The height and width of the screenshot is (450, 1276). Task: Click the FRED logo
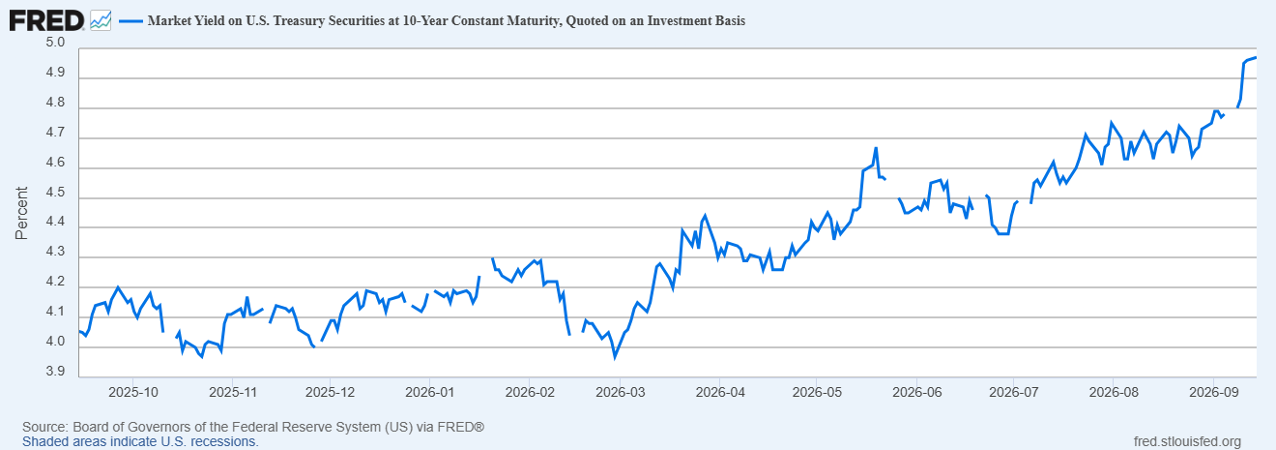(x=46, y=21)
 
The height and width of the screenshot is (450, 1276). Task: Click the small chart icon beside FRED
(x=101, y=21)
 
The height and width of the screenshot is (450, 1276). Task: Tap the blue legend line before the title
(x=130, y=21)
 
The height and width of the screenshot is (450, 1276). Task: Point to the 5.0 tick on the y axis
(x=55, y=43)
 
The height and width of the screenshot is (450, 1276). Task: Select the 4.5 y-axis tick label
(x=55, y=193)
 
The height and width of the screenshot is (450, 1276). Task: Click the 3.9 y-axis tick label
(x=55, y=372)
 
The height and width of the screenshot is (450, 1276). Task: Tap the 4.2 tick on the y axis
(x=55, y=282)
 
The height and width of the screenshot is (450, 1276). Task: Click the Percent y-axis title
(x=21, y=213)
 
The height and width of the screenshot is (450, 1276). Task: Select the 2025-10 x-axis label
(x=133, y=392)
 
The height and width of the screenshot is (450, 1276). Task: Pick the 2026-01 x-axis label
(x=429, y=392)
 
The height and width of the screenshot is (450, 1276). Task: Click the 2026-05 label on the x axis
(x=817, y=392)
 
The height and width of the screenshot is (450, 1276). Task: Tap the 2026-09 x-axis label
(x=1213, y=392)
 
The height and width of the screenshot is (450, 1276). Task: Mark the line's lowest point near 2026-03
(x=615, y=358)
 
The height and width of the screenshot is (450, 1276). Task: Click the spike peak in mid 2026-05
(x=876, y=148)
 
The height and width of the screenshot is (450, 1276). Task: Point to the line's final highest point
(x=1256, y=58)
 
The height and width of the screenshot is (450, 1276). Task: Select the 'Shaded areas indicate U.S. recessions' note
(x=140, y=441)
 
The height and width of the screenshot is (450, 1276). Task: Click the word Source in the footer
(x=45, y=427)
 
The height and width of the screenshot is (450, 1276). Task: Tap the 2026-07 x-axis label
(x=1014, y=392)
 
